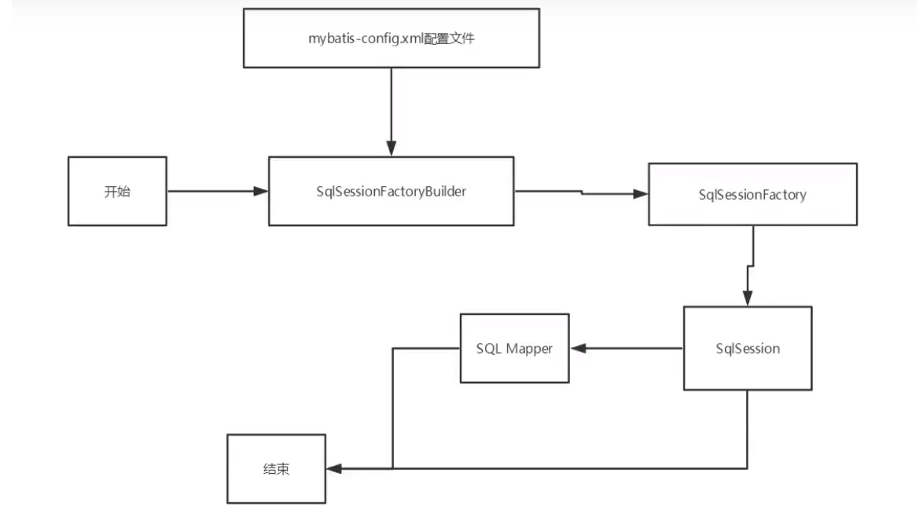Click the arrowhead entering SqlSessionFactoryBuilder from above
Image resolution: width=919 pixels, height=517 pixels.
391,148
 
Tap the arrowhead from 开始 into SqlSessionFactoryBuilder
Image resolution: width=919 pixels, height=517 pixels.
261,191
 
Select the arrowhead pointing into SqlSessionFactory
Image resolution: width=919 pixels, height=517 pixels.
641,194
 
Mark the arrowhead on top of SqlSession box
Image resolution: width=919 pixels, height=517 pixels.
748,298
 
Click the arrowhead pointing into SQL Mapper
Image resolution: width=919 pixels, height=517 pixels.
578,348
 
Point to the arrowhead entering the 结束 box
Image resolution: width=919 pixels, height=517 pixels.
334,468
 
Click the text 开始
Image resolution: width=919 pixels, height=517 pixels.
117,192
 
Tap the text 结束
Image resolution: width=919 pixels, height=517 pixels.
276,469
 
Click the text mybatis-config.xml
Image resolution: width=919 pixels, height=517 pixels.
366,38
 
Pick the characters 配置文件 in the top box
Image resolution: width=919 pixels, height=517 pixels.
449,38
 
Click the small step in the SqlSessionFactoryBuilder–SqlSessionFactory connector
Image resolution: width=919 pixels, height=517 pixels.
582,192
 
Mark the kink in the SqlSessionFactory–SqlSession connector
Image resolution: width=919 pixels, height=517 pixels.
751,266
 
